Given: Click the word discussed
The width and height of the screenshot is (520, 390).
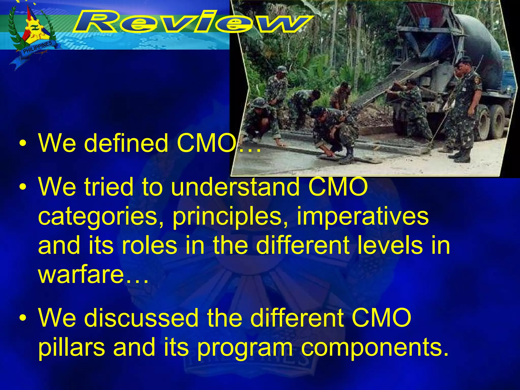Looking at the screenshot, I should (x=141, y=318).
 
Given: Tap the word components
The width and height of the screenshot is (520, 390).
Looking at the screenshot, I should (x=375, y=348).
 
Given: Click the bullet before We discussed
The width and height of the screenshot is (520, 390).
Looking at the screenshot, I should (x=23, y=319).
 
